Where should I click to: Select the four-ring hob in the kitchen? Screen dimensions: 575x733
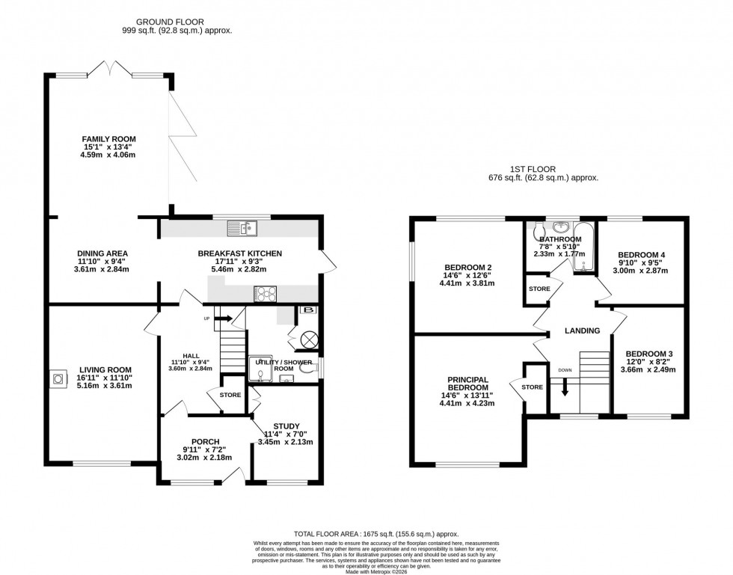point(266,294)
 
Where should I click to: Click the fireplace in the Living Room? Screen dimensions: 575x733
point(58,379)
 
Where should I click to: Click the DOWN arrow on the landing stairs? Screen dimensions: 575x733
point(565,385)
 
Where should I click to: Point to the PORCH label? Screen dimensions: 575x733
point(204,440)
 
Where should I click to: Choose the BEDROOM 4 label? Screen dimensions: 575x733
point(641,255)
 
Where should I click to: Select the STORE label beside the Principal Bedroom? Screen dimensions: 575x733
point(532,387)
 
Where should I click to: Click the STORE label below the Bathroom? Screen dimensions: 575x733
point(539,289)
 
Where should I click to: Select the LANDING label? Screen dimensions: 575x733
point(581,330)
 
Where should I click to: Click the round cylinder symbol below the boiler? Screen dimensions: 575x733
point(308,339)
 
